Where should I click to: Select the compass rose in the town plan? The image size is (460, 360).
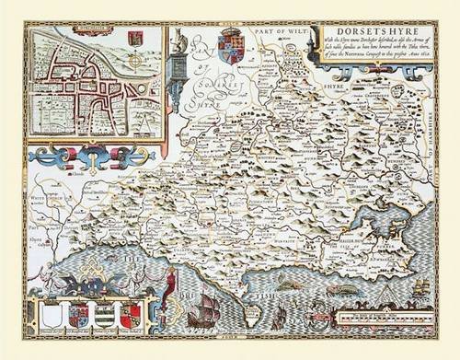click(135, 62)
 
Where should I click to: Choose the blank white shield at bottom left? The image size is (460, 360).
click(54, 317)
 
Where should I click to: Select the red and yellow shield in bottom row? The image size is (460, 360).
click(131, 316)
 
